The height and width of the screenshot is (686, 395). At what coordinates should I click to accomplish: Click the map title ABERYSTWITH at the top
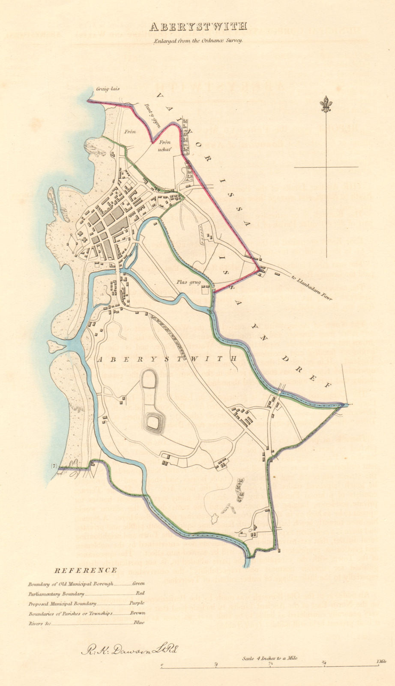197,27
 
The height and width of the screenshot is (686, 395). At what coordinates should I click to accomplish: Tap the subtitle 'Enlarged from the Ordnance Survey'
198,41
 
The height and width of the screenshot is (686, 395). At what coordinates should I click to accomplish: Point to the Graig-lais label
107,89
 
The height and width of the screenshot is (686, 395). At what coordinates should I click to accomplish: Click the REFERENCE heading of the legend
86,570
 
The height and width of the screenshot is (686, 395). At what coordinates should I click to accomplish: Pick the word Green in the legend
138,584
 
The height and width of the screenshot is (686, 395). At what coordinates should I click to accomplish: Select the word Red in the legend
140,593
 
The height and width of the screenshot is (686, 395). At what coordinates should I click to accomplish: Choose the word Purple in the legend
138,603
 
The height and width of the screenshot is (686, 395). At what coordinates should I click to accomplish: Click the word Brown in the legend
138,613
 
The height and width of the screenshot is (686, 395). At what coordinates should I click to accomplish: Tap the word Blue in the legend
139,623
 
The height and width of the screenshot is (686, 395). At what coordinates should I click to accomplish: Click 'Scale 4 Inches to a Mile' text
270,658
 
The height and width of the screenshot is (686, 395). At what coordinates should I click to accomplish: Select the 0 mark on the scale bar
162,666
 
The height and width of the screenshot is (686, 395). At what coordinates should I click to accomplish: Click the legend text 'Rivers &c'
40,623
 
